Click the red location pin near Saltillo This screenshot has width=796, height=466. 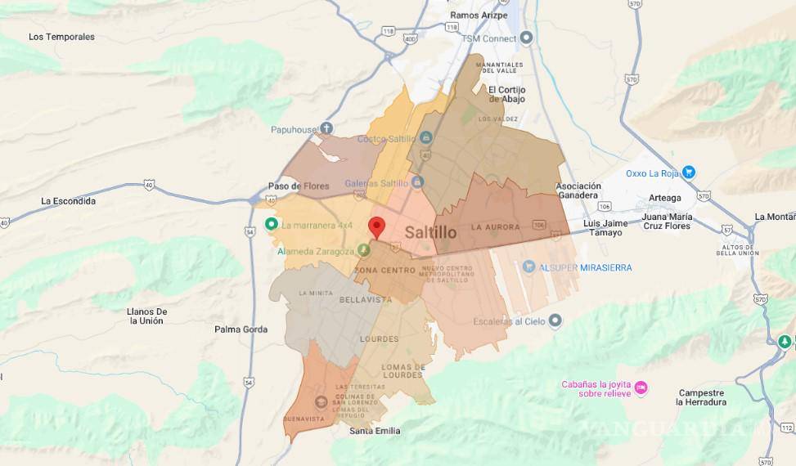point(376,226)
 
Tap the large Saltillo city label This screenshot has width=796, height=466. point(430,232)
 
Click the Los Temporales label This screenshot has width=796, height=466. point(61,37)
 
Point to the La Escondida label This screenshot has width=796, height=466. point(69,201)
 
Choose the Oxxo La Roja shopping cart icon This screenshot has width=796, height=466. point(689,173)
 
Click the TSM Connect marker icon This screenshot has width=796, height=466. point(526,38)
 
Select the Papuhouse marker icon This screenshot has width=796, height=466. point(326,128)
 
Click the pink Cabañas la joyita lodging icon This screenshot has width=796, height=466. point(641,387)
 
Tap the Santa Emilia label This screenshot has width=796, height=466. point(375,431)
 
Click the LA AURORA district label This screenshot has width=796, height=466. point(495,226)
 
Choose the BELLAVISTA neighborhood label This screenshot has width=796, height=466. point(366,300)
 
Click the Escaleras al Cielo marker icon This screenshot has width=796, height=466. point(554,320)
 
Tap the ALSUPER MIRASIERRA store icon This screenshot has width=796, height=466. point(528,267)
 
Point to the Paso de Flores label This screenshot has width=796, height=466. point(299,186)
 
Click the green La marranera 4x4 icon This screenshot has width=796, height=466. point(271,225)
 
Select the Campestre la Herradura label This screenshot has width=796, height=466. point(701,397)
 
